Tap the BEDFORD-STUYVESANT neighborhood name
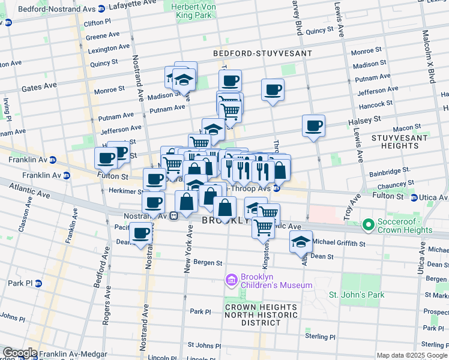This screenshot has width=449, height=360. [x=262, y=53]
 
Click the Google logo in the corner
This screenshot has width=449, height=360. [x=19, y=353]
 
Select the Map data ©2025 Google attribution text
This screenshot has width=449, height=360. [x=412, y=355]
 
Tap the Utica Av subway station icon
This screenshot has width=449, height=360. [x=414, y=197]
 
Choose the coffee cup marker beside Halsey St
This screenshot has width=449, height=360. [x=313, y=126]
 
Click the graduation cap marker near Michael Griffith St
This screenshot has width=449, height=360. [x=301, y=242]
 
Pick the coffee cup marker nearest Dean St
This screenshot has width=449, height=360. [x=142, y=233]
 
